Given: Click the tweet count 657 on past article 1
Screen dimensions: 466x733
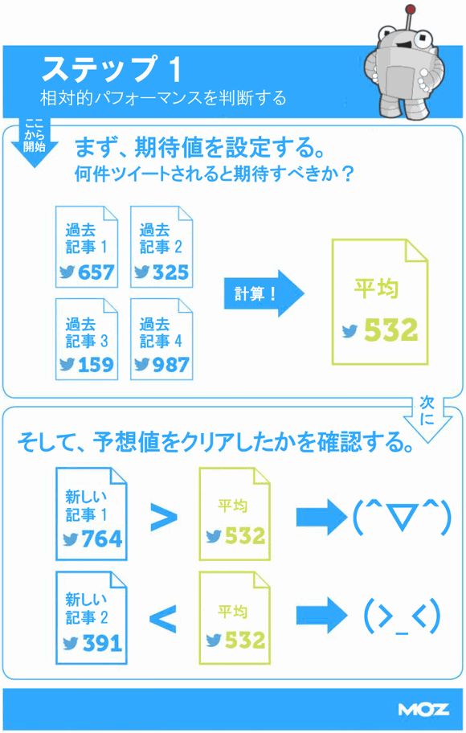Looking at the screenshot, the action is (96, 272).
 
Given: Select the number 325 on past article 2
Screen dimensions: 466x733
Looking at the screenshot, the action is (170, 272).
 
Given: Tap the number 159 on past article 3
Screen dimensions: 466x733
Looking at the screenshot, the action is (96, 365).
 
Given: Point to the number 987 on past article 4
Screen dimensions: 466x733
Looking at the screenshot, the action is (170, 365).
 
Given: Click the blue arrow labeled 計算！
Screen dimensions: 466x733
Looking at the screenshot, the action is (264, 293).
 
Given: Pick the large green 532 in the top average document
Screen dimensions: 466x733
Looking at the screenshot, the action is (390, 330).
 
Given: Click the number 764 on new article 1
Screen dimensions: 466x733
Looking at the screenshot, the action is (102, 539).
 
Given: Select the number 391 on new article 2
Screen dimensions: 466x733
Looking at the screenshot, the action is (102, 643).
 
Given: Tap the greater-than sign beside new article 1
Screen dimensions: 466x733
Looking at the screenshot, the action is (164, 517).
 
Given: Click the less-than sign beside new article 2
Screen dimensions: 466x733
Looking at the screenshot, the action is (163, 619).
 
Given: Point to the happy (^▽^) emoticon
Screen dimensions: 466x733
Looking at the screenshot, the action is (402, 517).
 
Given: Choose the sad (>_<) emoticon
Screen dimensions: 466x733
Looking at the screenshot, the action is (402, 617).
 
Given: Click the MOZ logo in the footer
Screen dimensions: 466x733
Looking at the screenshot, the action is (423, 710).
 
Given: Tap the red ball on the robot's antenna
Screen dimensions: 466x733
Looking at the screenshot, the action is (411, 9).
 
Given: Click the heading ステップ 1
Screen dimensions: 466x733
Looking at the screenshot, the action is (112, 69).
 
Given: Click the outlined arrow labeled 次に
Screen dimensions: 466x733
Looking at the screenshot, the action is (427, 419).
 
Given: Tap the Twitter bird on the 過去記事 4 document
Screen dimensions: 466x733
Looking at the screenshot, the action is (141, 365).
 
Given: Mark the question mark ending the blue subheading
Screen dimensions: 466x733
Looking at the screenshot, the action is (346, 174).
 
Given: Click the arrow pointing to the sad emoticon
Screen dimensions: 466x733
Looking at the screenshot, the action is (322, 616).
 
